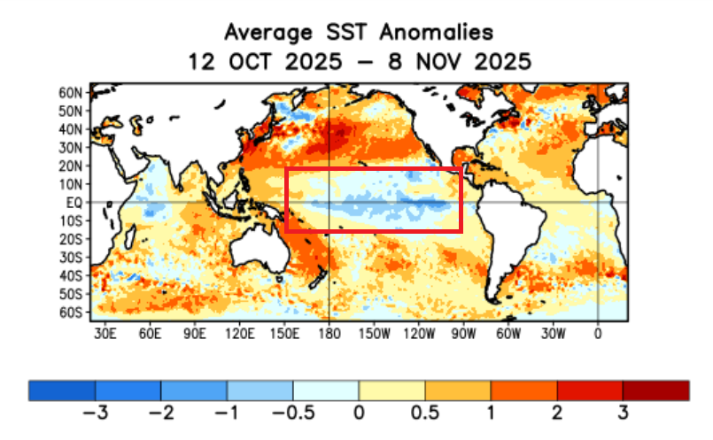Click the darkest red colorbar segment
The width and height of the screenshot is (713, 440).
tap(655, 390)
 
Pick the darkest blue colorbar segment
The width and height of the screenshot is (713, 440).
tap(62, 390)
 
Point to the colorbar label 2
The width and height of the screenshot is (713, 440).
tap(557, 413)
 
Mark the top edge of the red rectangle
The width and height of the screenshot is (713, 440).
tap(373, 168)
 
